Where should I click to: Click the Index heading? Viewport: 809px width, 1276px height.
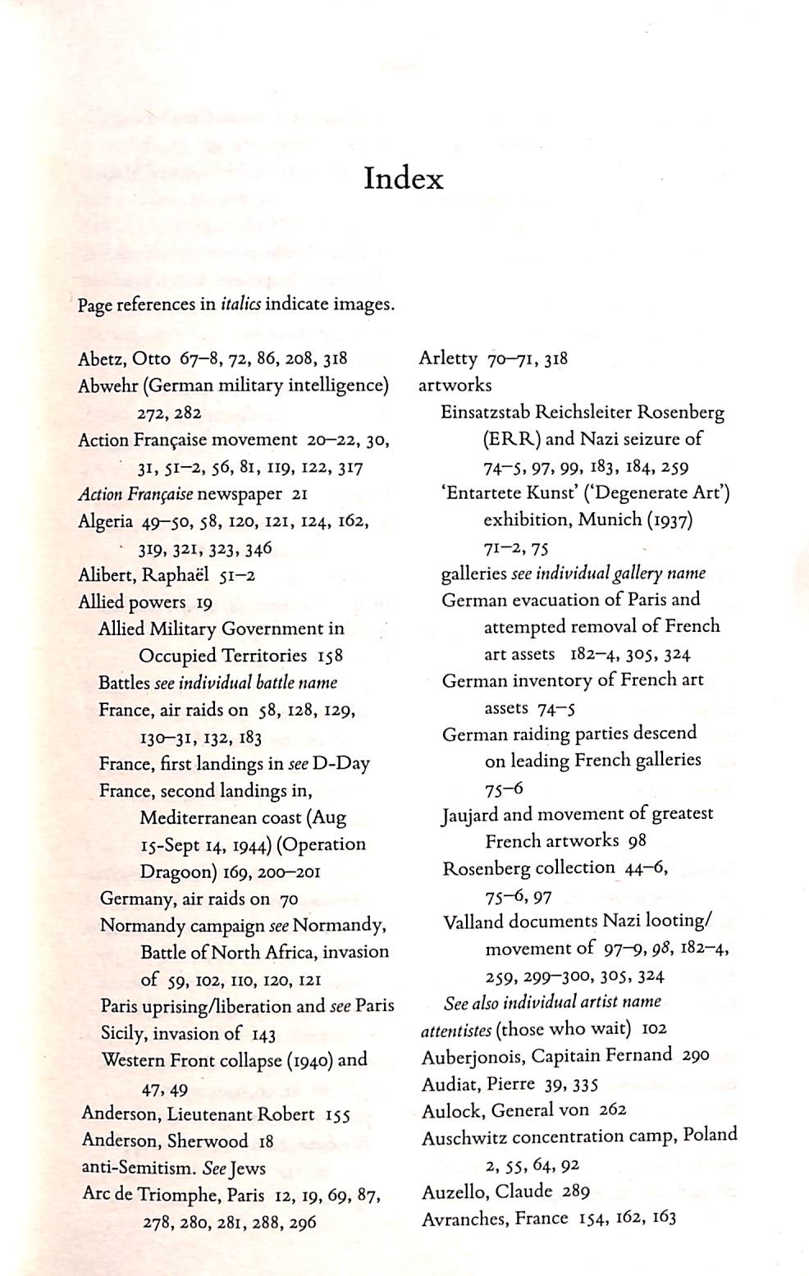(x=404, y=179)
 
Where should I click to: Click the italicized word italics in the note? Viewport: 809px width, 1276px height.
(x=240, y=304)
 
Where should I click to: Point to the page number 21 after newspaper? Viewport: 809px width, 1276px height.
(x=299, y=495)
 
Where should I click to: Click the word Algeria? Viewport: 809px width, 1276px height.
(x=105, y=522)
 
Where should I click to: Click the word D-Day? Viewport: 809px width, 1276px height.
(x=341, y=764)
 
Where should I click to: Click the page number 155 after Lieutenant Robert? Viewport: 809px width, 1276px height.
(x=338, y=1114)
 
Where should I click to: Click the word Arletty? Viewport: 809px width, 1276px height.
(x=448, y=359)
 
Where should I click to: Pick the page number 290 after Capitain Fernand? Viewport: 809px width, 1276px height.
(x=695, y=1056)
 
